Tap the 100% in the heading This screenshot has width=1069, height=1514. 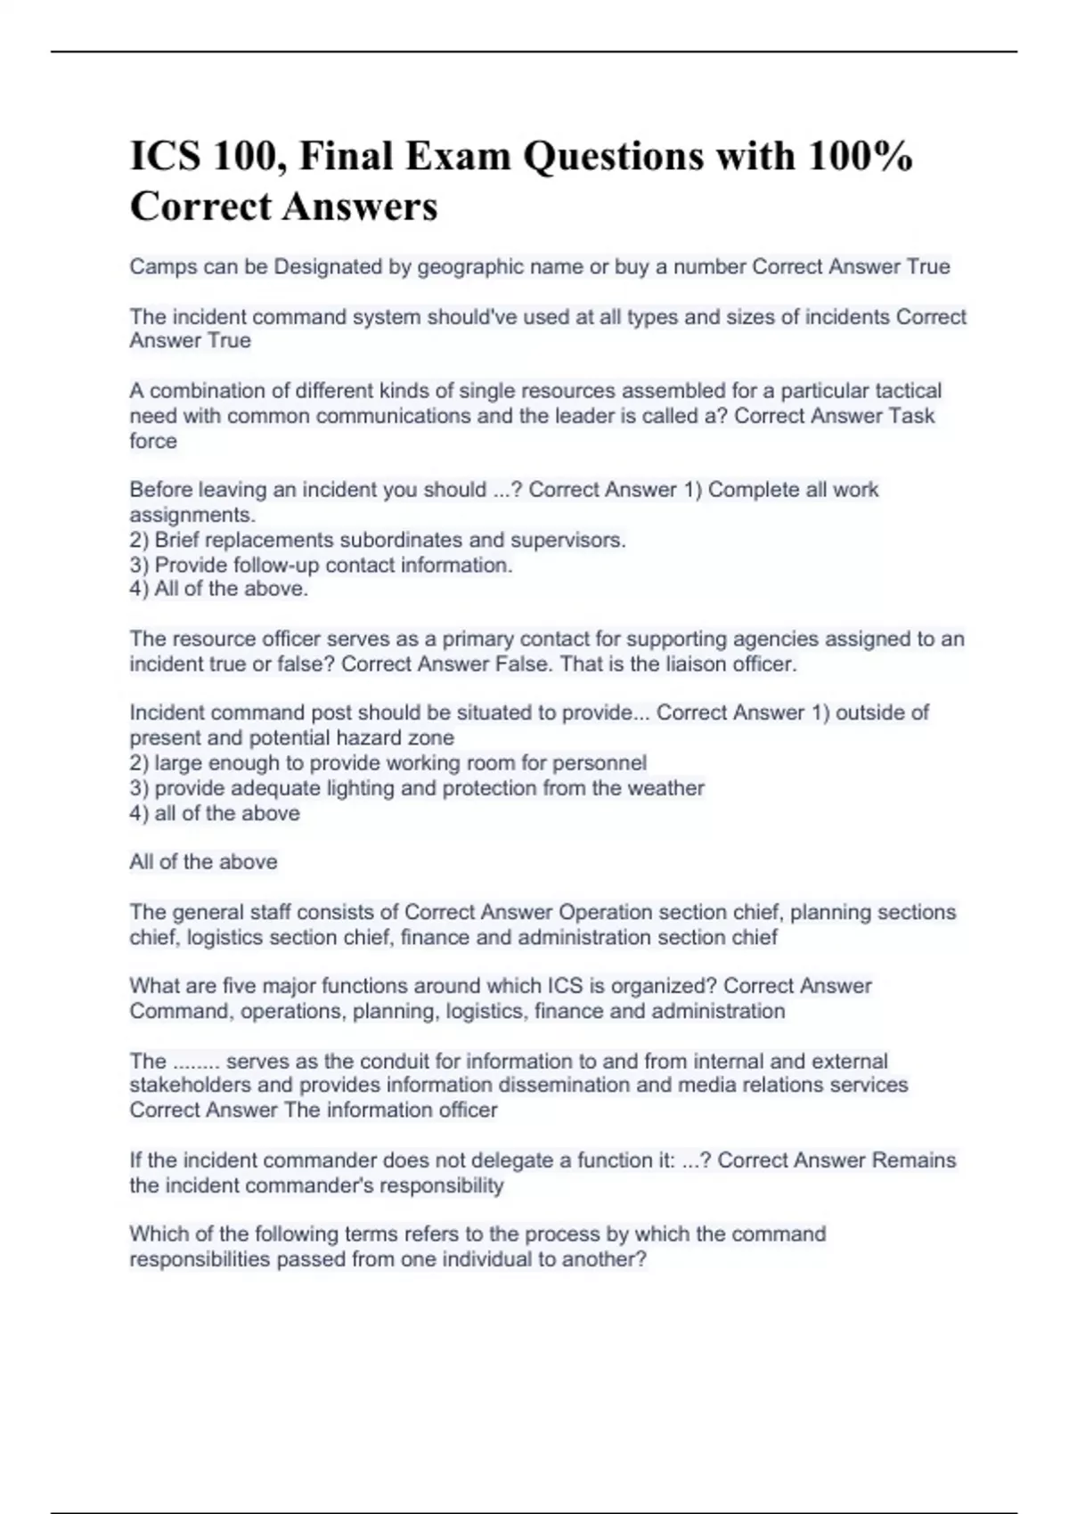point(861,157)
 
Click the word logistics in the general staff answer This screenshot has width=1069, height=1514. point(224,938)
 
